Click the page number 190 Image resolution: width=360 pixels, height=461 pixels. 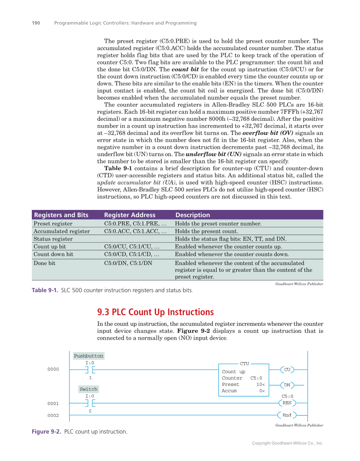tap(36, 23)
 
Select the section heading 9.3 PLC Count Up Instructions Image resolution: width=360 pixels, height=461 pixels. tap(155, 312)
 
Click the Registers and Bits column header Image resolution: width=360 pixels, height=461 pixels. tap(61, 215)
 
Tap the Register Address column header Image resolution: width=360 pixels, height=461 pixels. tap(129, 215)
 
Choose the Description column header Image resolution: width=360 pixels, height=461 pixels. tap(193, 215)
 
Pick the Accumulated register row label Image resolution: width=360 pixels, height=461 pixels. tap(61, 231)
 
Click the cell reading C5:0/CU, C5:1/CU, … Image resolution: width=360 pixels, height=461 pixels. tap(131, 246)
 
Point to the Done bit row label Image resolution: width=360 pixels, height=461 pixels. tap(44, 263)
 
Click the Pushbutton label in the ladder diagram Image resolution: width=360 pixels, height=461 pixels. tap(89, 356)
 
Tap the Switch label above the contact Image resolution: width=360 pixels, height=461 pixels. tap(89, 389)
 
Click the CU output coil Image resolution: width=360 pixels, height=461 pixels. tap(287, 369)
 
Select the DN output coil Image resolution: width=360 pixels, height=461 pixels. tap(287, 385)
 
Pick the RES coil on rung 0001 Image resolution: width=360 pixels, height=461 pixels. tap(287, 403)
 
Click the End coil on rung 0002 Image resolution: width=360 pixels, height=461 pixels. tap(287, 415)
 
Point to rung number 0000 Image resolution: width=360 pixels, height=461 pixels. tap(53, 369)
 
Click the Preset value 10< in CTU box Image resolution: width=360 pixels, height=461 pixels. tap(260, 384)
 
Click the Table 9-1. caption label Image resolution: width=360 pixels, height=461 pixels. tap(45, 291)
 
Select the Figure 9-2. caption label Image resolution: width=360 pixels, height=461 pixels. tap(47, 432)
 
